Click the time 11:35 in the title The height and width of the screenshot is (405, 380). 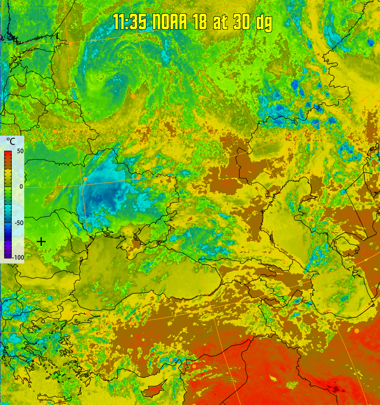coord(130,22)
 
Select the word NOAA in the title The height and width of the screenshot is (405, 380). coord(170,22)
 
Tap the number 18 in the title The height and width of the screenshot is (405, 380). coord(200,22)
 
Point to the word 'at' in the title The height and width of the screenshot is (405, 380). coord(220,22)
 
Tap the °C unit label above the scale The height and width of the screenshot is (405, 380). coord(10,142)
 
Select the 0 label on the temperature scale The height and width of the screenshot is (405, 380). coord(21,187)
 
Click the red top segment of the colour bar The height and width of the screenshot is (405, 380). coord(8,155)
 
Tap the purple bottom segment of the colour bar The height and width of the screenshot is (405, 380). coord(8,253)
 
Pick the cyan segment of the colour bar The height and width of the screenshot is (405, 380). coord(8,209)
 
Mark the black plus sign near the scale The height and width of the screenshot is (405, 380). coord(41,241)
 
